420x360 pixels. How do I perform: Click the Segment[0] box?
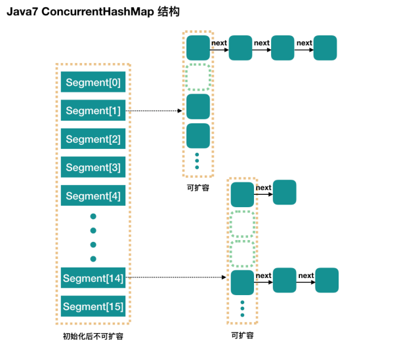click(93, 82)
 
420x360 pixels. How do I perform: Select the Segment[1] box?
click(93, 110)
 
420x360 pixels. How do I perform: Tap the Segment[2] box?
click(93, 138)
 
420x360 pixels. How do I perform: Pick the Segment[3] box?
click(93, 167)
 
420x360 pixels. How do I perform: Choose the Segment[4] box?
click(93, 195)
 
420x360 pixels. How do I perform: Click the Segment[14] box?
click(93, 278)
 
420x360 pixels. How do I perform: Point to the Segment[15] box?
click(93, 306)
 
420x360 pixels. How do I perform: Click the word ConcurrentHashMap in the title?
click(98, 12)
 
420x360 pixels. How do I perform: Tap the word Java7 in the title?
click(22, 12)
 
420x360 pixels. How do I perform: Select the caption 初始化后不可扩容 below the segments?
click(93, 336)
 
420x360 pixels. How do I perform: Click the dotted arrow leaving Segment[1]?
click(154, 111)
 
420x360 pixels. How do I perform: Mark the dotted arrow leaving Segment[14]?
click(176, 277)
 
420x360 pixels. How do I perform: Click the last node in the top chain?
click(325, 48)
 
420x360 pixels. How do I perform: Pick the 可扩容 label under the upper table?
click(198, 188)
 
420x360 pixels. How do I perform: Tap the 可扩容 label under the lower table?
click(242, 335)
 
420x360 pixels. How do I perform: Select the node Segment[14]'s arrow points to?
click(242, 283)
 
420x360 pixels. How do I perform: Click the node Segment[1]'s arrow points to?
click(198, 106)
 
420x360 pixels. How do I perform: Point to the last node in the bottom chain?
click(327, 280)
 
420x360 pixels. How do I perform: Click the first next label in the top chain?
click(219, 43)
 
